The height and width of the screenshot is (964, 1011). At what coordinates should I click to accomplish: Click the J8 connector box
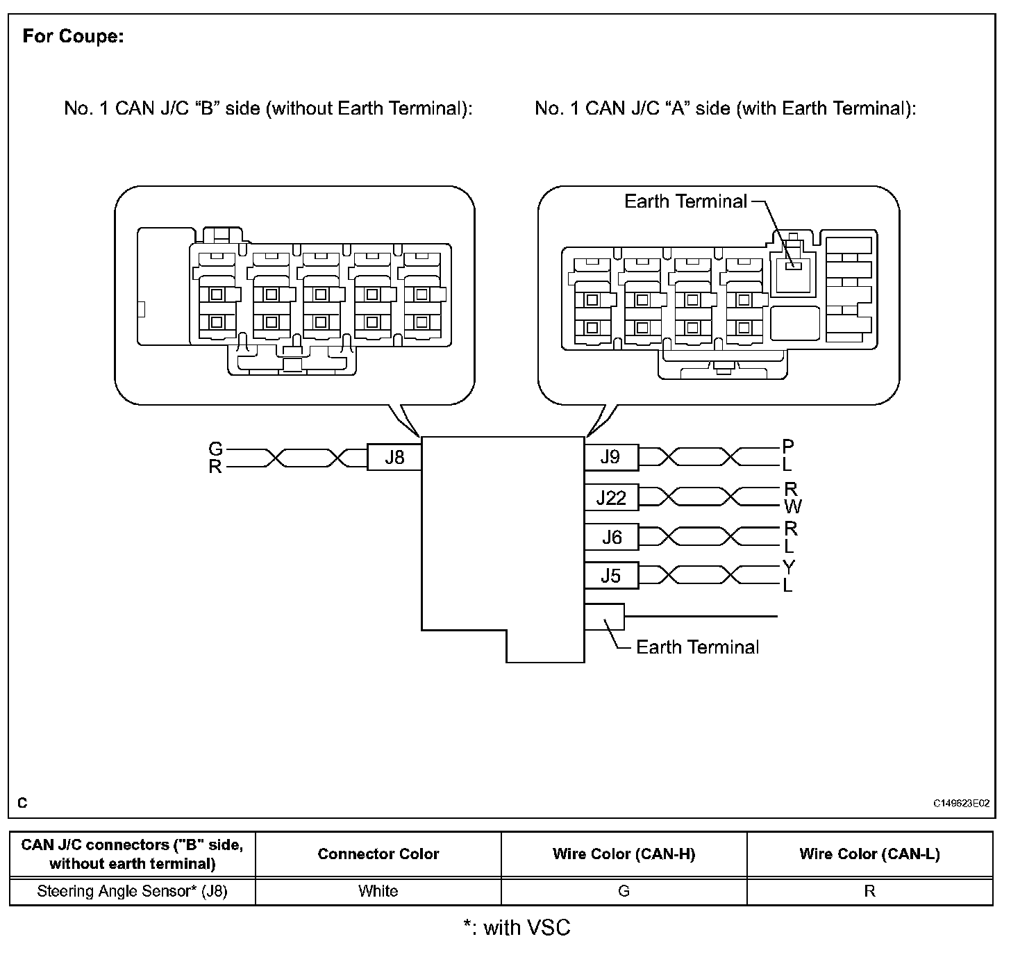(394, 458)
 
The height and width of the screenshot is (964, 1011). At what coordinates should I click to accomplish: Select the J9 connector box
(611, 456)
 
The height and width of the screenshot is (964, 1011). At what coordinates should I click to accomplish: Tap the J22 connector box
(611, 497)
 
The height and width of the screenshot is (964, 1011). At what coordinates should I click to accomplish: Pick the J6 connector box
(611, 537)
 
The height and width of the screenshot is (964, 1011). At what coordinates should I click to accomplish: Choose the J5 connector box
(611, 576)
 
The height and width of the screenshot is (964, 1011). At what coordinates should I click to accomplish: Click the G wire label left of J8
(216, 449)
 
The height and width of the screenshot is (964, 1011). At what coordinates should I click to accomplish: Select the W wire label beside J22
(792, 506)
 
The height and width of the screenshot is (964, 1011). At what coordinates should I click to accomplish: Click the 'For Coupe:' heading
(73, 36)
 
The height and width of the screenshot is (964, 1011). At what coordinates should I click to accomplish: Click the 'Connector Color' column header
(378, 854)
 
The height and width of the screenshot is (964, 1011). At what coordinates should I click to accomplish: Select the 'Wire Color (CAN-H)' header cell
(624, 854)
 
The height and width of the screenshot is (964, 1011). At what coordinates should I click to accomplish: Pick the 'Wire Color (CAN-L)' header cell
(869, 854)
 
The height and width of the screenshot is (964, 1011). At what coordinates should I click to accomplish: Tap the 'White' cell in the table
(378, 891)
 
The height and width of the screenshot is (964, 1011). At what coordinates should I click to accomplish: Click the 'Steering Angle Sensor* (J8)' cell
(132, 891)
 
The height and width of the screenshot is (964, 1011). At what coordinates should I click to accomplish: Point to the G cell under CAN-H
(624, 891)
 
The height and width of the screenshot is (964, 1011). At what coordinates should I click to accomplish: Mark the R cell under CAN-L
(869, 891)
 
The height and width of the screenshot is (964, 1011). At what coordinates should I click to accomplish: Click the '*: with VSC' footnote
(517, 928)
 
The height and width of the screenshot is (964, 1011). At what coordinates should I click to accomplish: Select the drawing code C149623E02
(961, 804)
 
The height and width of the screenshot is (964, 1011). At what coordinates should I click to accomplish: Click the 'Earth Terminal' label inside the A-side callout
(685, 201)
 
